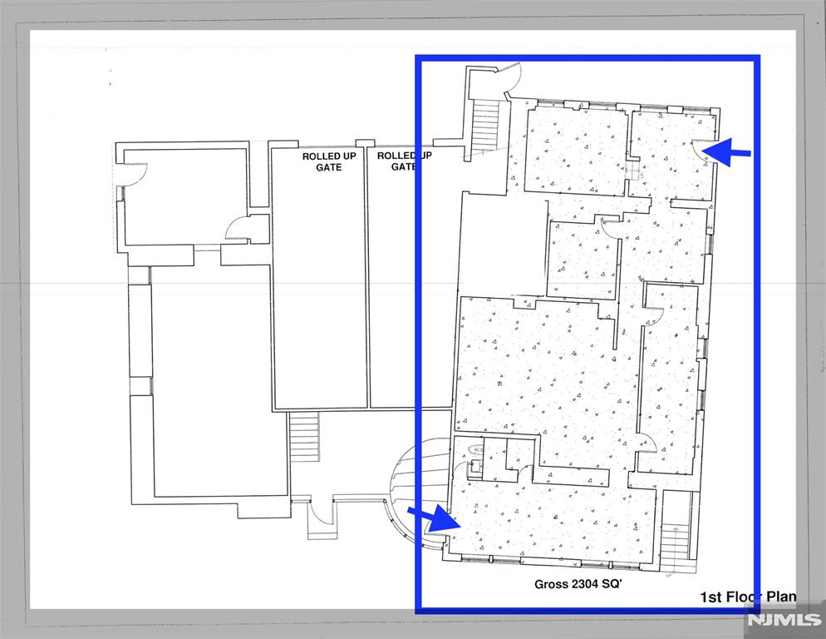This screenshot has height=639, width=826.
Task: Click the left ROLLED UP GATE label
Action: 329,161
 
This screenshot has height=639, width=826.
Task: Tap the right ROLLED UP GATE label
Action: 404,161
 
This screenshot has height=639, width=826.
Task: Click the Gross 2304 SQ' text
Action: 578,584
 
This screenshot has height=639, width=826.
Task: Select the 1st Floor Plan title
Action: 748,597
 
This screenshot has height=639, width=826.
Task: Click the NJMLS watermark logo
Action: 786,620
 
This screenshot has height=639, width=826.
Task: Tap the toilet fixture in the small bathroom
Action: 474,450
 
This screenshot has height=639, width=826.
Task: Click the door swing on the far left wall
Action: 135,175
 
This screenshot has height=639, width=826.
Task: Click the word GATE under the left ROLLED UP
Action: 329,167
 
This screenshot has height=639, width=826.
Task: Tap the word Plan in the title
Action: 781,597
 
